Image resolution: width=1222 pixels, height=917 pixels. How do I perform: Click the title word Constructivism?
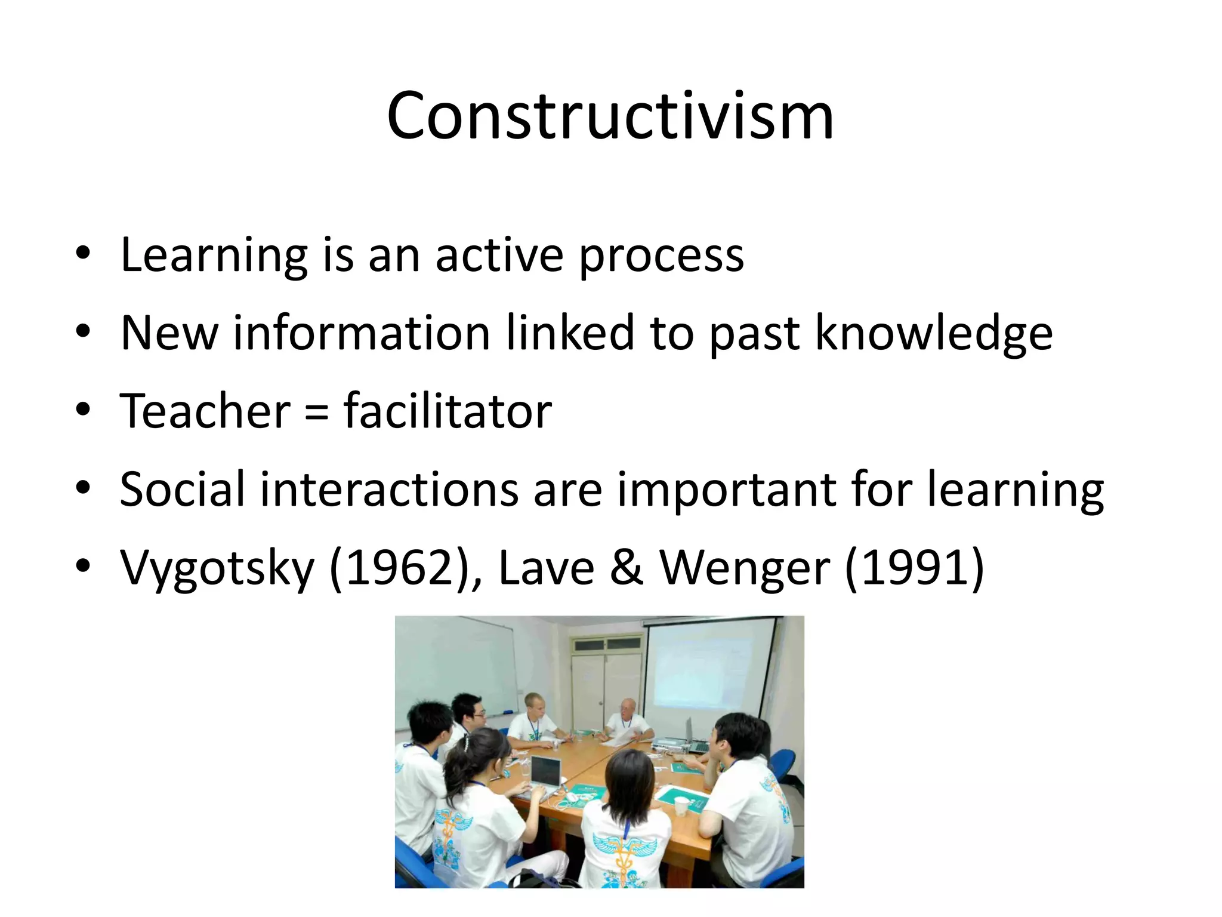point(610,116)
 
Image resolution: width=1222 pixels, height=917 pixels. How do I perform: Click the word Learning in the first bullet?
point(214,256)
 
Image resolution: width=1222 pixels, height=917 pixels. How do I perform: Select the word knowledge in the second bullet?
point(933,333)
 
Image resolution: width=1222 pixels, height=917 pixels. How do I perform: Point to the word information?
point(362,333)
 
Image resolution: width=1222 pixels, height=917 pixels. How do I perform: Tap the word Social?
point(182,490)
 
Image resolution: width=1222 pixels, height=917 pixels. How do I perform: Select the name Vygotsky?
point(217,568)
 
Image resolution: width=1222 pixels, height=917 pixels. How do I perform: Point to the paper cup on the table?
point(681,806)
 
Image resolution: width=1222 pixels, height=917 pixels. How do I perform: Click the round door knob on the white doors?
point(601,703)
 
